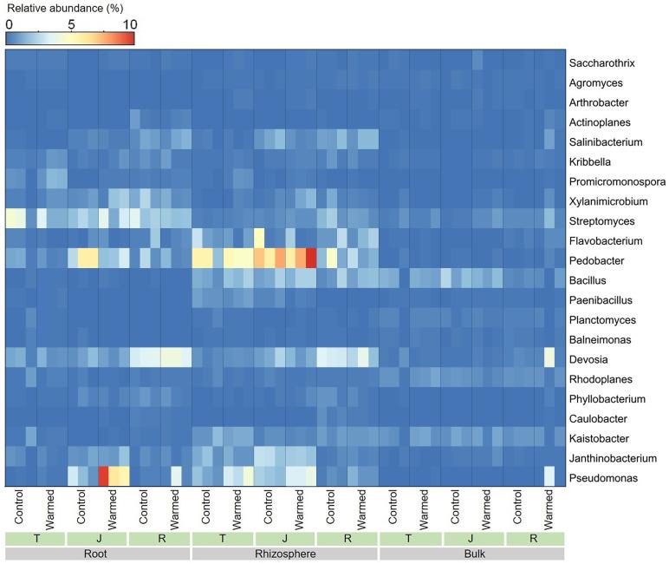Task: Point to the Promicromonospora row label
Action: [x=617, y=182]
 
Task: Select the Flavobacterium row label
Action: [x=604, y=241]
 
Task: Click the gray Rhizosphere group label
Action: [x=285, y=553]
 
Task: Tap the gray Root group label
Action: [x=98, y=553]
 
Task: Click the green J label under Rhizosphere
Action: [x=285, y=538]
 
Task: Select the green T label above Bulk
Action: [x=410, y=538]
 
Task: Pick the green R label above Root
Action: [x=159, y=538]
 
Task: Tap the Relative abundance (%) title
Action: [x=57, y=9]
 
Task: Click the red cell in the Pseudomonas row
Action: [x=103, y=476]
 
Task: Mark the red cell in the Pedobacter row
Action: [x=311, y=259]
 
